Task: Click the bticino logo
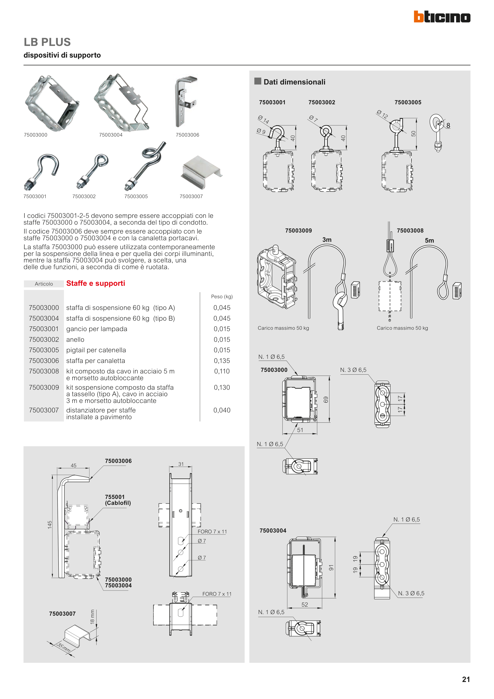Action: (x=442, y=17)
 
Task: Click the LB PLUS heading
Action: (x=47, y=42)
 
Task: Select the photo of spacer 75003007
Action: (x=201, y=172)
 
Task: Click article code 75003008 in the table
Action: (x=44, y=371)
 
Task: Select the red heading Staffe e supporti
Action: (x=96, y=283)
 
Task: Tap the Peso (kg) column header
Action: (x=222, y=296)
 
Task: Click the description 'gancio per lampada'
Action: (x=97, y=329)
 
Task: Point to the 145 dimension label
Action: (x=50, y=525)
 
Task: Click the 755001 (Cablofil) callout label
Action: (x=118, y=500)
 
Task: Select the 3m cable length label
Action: (x=327, y=240)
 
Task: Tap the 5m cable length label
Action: (x=429, y=240)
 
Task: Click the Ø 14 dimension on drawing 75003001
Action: (x=264, y=119)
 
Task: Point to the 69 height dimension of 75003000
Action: (x=326, y=399)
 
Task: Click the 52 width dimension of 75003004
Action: (x=305, y=605)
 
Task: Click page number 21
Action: (x=466, y=679)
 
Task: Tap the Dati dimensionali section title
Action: (x=294, y=82)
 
